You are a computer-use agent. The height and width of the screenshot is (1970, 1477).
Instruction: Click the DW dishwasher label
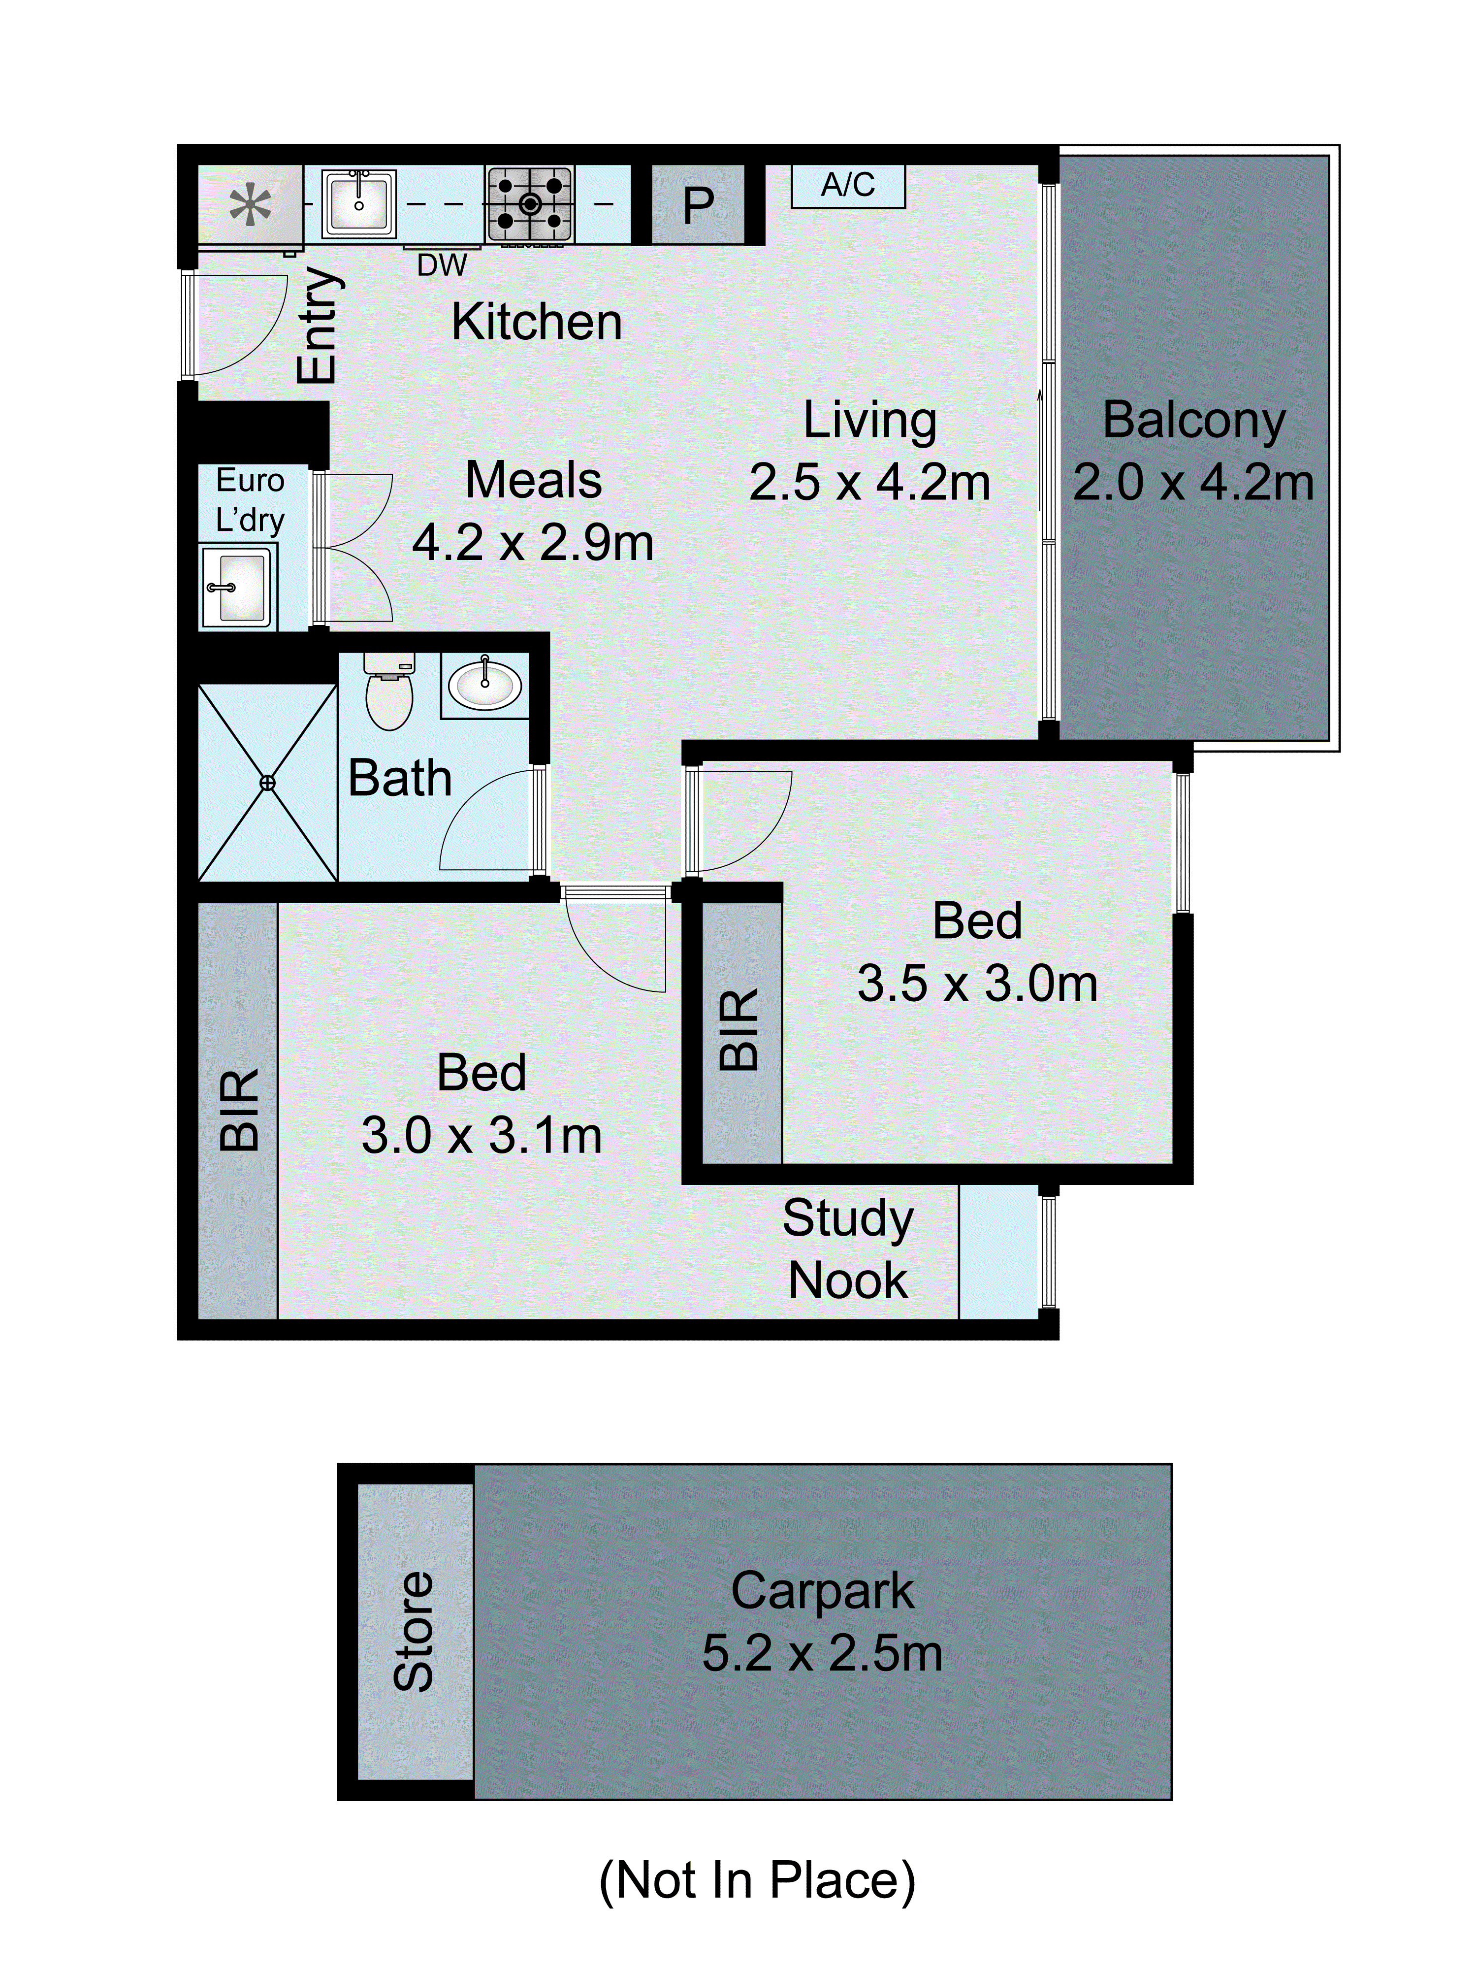(x=442, y=264)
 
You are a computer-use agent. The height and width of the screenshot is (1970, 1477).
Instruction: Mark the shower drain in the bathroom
(x=267, y=783)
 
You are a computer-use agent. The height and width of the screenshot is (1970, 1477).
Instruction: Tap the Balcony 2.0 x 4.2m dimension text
(x=1193, y=483)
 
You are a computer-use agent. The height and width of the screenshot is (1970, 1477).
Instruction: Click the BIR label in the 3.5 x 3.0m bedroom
(x=739, y=1029)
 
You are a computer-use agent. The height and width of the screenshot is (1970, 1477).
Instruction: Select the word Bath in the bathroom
(x=400, y=778)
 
